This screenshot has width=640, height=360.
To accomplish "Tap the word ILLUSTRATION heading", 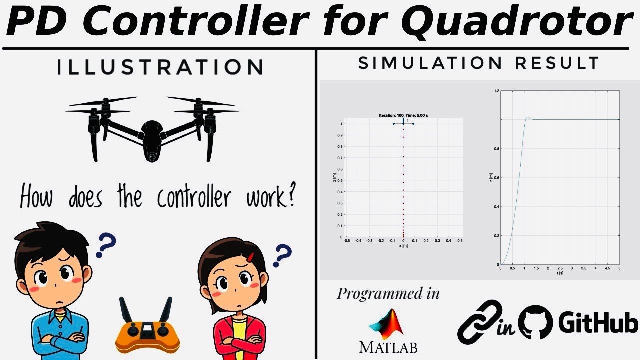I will tap(160, 67).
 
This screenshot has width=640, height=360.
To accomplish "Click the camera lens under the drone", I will tap(151, 157).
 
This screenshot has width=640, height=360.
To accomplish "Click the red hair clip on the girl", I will tap(250, 257).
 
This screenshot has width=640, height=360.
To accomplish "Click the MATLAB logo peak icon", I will tap(387, 324).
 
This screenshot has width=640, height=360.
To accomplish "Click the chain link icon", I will tap(480, 322).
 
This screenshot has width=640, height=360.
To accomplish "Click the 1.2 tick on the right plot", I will tap(496, 91).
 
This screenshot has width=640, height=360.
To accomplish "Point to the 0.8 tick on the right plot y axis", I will tap(496, 149).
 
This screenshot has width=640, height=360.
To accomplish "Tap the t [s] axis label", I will tap(560, 273).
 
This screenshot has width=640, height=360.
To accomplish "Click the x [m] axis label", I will tap(403, 246).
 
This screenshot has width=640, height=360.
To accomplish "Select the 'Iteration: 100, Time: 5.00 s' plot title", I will tap(403, 115).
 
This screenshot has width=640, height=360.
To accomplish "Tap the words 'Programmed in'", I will tap(388, 293).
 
